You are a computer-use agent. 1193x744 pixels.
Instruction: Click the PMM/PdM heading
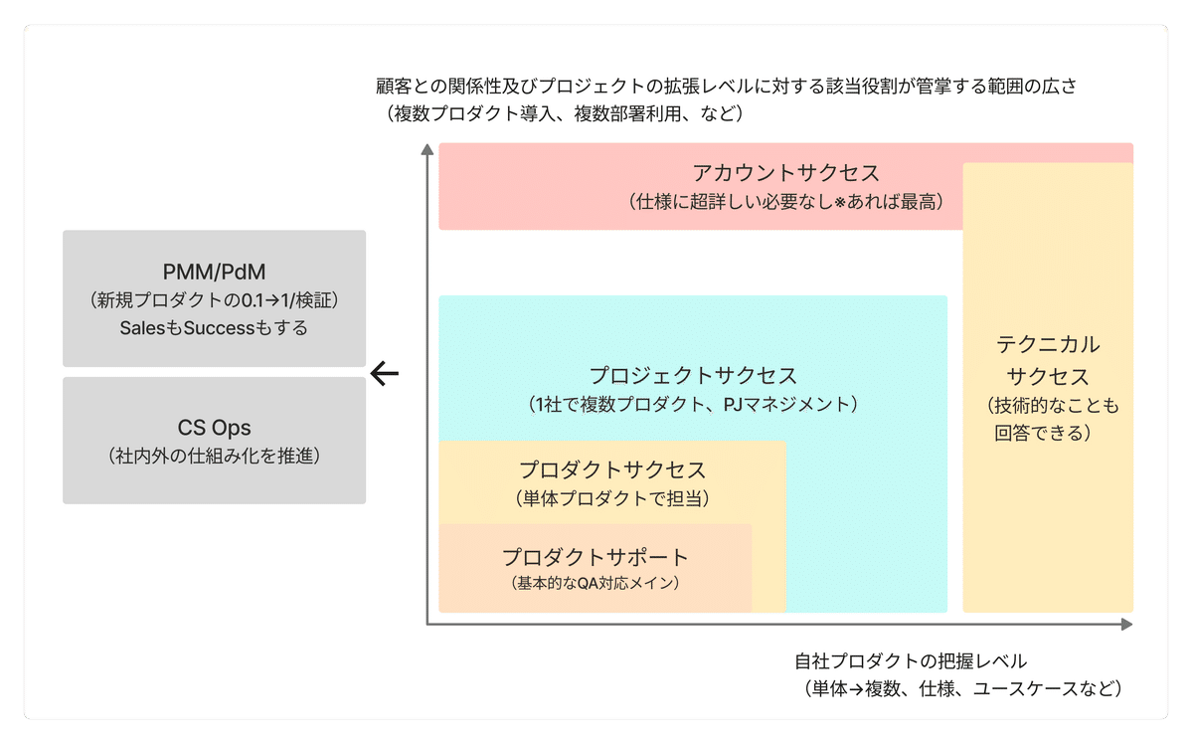click(x=214, y=272)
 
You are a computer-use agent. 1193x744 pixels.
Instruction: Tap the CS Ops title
click(x=214, y=429)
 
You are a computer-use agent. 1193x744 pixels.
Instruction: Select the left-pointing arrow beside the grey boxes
click(x=384, y=373)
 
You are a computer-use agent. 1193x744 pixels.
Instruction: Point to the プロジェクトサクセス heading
click(x=693, y=376)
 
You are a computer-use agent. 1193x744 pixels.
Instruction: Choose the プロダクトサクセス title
click(x=612, y=469)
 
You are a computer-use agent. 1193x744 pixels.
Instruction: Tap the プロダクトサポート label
click(x=595, y=557)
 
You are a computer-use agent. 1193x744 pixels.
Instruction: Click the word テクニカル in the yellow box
click(x=1048, y=345)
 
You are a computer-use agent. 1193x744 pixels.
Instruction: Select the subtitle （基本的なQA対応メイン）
click(x=595, y=584)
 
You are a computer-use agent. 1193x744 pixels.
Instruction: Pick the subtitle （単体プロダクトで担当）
click(x=612, y=497)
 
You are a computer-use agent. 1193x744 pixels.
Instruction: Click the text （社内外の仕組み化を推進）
click(x=214, y=457)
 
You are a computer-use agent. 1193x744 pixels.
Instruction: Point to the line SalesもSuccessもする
click(x=214, y=327)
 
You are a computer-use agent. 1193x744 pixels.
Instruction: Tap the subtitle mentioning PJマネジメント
click(x=693, y=405)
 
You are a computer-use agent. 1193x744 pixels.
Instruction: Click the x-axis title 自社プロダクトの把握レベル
click(x=910, y=660)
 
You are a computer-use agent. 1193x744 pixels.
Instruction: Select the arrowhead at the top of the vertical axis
click(x=427, y=150)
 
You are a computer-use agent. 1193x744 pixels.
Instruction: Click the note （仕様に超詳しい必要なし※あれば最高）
click(x=785, y=202)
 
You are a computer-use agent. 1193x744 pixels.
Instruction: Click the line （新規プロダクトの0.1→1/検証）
click(x=214, y=299)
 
